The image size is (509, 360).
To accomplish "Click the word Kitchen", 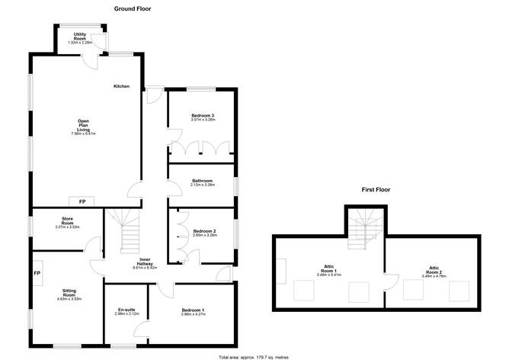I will [122, 86].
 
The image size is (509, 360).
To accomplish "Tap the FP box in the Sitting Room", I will [37, 272].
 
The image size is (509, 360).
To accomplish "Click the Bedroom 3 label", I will [202, 116].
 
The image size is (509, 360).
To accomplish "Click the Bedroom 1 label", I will [193, 311].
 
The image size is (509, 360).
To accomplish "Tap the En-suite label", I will [126, 311].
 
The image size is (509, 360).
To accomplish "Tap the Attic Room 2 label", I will [434, 269].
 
